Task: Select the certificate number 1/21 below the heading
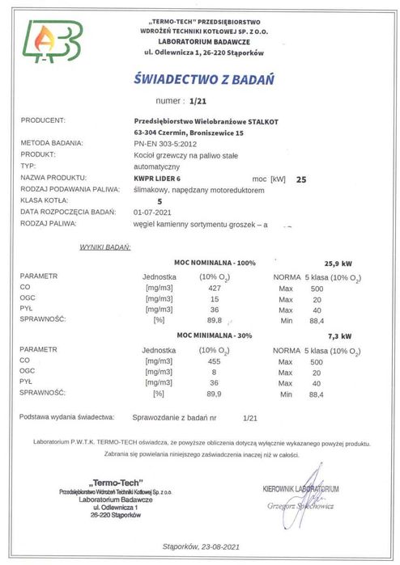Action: pyautogui.click(x=198, y=103)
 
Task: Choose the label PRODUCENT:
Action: pyautogui.click(x=42, y=120)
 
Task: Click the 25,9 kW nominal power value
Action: pyautogui.click(x=338, y=264)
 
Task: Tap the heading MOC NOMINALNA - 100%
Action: pyautogui.click(x=215, y=264)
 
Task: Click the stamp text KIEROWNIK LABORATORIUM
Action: pyautogui.click(x=301, y=489)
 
